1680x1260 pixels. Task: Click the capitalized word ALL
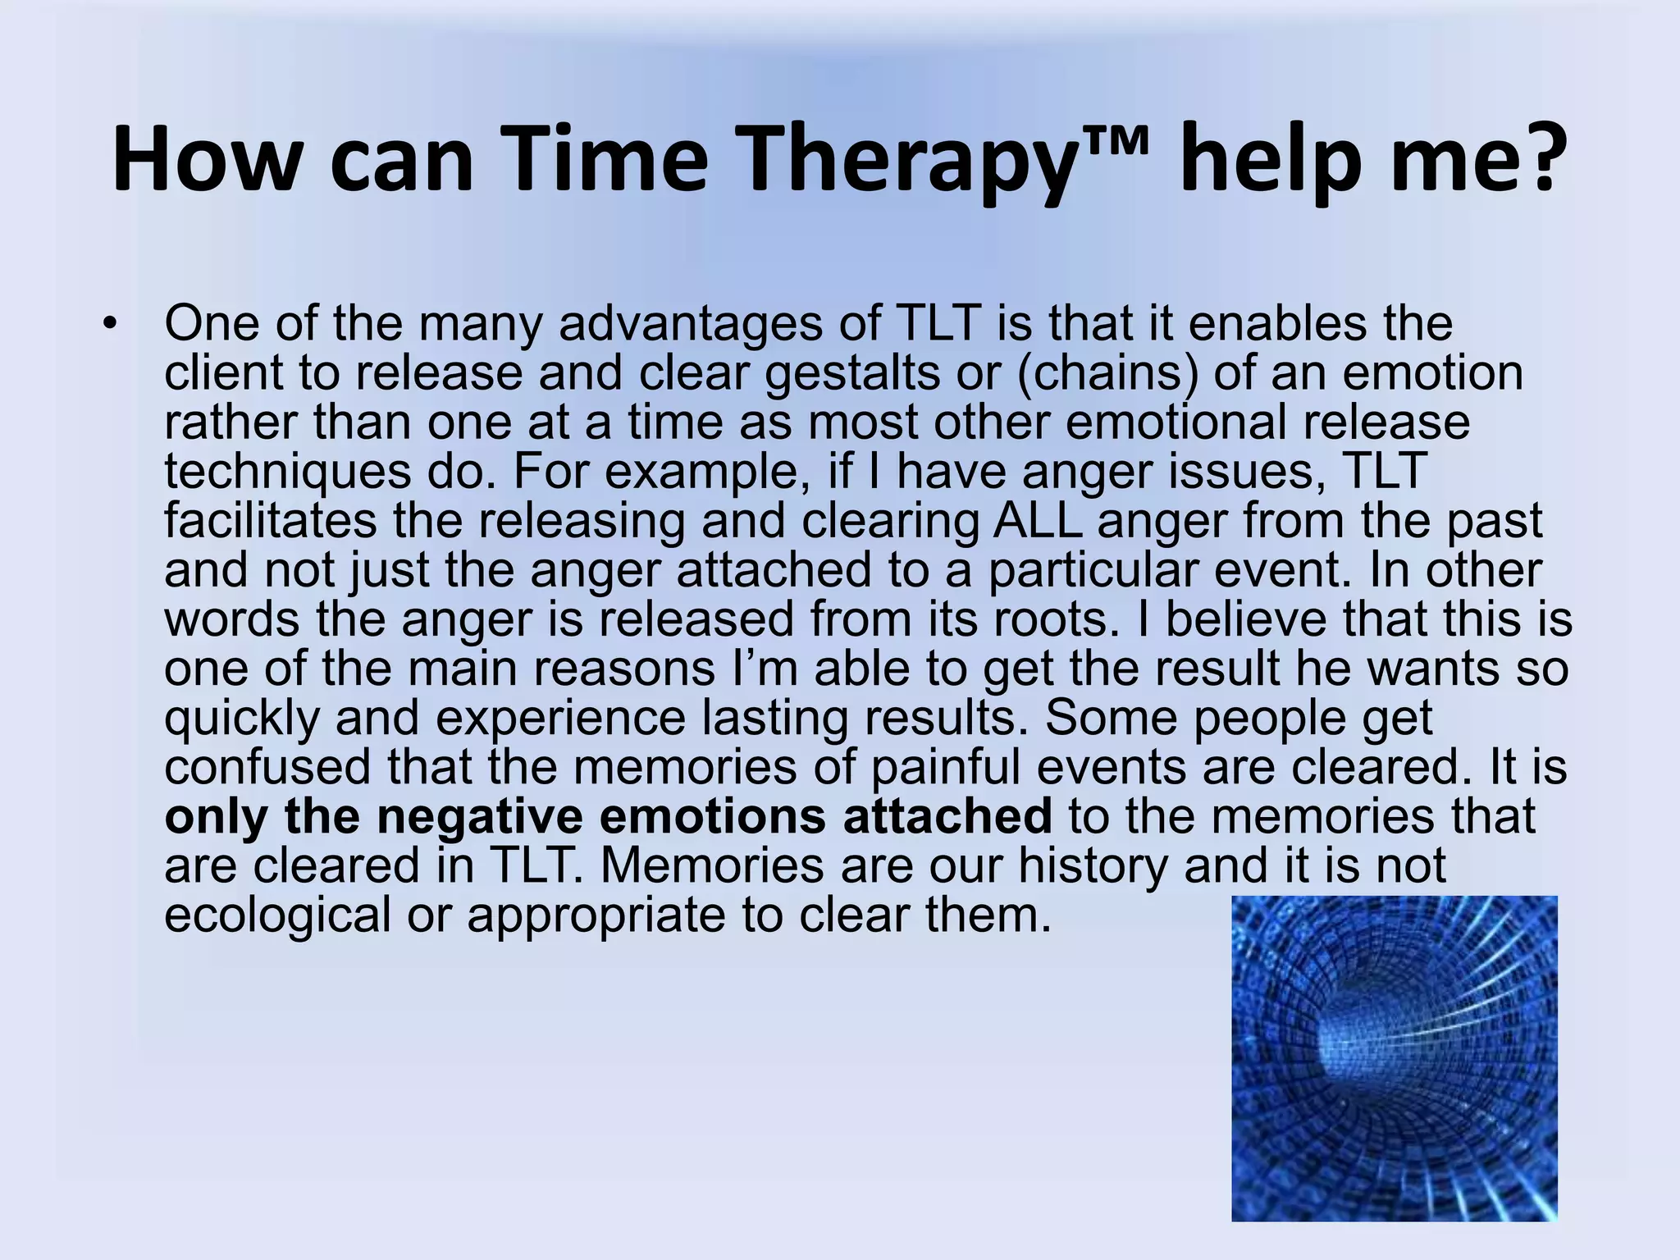click(x=1037, y=521)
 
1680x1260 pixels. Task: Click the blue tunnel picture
click(x=1394, y=1058)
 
